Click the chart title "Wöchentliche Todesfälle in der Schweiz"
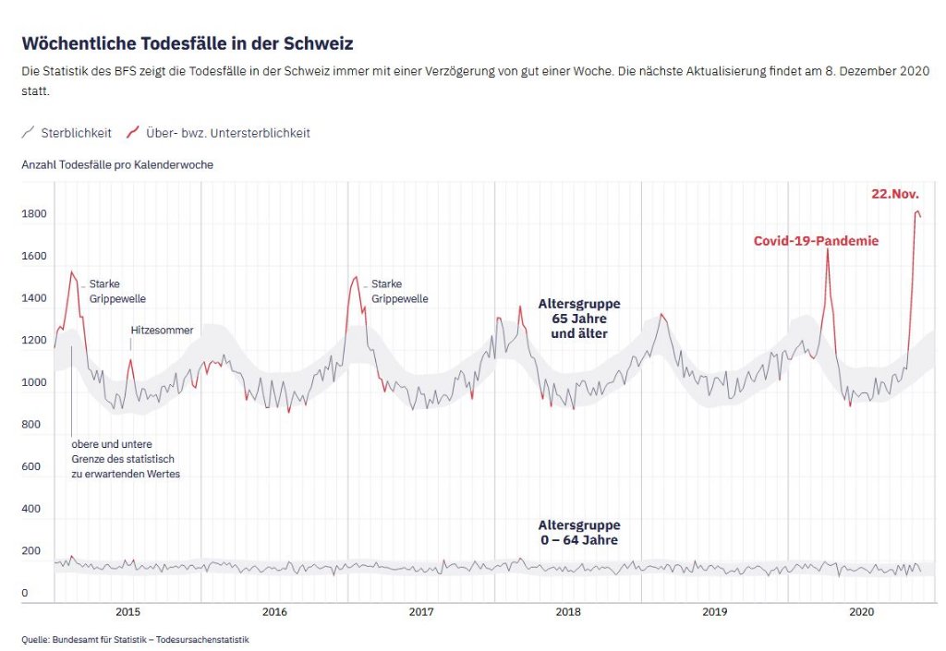coord(188,43)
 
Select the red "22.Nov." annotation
coord(895,194)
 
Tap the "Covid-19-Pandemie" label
coord(816,241)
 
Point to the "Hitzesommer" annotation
coord(162,329)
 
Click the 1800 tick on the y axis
coord(34,214)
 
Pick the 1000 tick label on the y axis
coord(34,382)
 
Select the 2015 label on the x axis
coord(127,612)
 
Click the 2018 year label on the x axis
coord(568,612)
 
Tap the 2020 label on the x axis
coord(861,612)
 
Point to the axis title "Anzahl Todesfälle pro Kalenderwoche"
coord(117,164)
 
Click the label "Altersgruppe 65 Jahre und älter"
coord(579,318)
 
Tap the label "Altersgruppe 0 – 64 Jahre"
coord(579,533)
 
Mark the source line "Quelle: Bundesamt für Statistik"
coord(136,639)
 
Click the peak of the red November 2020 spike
coord(917,211)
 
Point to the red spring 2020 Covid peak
coord(827,250)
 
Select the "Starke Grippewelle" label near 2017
coord(400,291)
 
